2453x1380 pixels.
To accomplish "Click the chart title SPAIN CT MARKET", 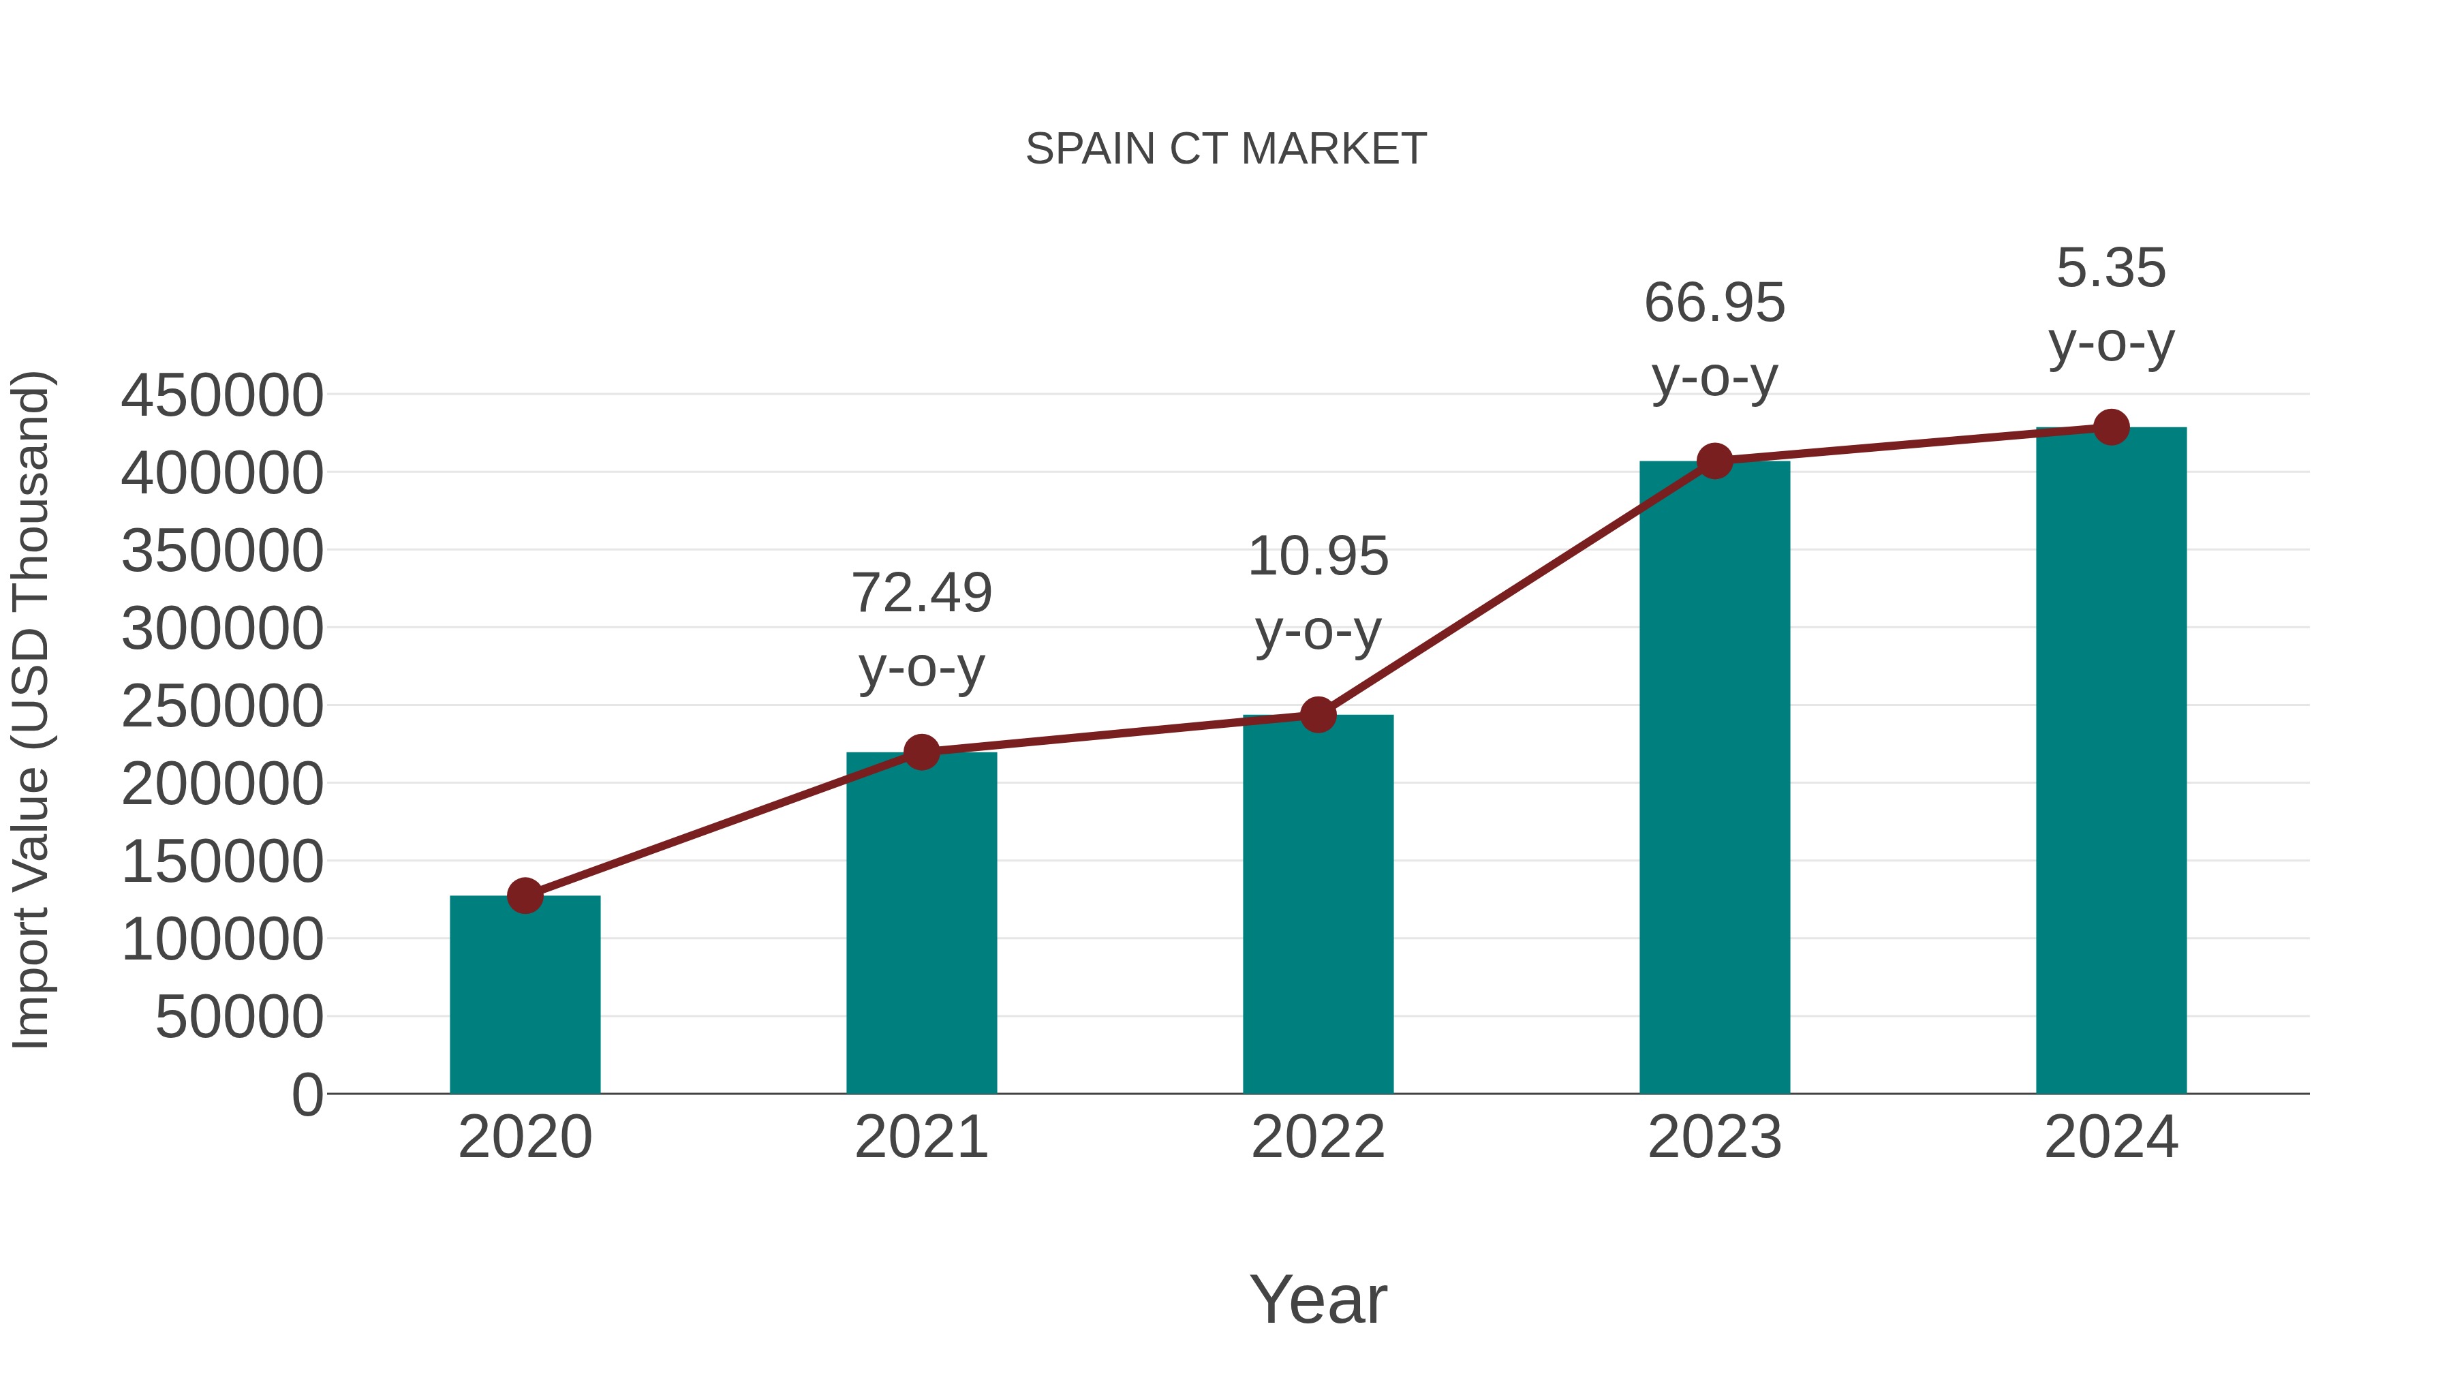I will (1226, 149).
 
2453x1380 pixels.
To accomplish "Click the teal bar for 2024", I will (2111, 761).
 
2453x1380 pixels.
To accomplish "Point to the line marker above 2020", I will (525, 895).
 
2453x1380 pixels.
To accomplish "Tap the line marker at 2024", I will (2111, 427).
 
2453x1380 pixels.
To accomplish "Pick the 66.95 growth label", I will (1714, 304).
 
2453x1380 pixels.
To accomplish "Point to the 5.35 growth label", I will (2111, 269).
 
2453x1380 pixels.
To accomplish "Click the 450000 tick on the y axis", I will (222, 395).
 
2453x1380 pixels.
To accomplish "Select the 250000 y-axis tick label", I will (222, 707).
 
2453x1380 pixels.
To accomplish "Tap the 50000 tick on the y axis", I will (239, 1017).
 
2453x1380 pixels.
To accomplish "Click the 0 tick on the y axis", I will (307, 1094).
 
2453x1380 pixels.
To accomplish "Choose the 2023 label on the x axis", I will (1714, 1137).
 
